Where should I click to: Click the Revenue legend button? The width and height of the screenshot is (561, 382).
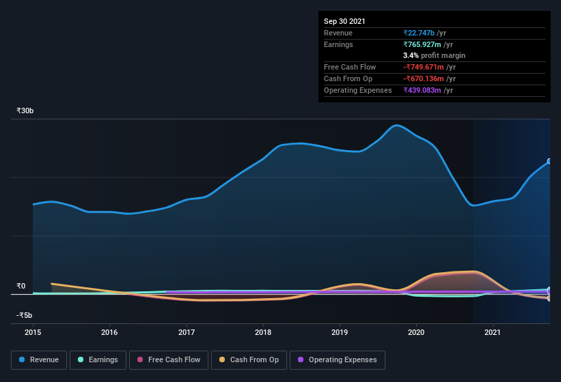click(39, 359)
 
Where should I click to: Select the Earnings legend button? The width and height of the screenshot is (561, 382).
click(97, 359)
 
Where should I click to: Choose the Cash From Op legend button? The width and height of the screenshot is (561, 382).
click(249, 359)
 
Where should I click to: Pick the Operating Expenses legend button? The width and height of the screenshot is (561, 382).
click(337, 359)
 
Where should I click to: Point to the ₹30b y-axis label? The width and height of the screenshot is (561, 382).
click(25, 111)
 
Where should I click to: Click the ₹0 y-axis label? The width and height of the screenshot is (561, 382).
click(21, 286)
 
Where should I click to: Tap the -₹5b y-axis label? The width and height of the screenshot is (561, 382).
click(24, 315)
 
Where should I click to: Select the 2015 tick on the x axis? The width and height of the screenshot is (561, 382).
click(33, 333)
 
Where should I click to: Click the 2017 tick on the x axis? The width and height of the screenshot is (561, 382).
click(187, 333)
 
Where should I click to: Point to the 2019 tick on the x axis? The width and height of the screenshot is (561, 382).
click(340, 333)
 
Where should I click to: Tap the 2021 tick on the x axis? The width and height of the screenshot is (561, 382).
click(493, 333)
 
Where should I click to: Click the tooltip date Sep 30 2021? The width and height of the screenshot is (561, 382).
click(344, 21)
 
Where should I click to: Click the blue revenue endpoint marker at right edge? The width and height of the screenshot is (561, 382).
click(549, 162)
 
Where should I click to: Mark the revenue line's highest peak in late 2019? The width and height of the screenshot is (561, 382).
click(396, 126)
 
